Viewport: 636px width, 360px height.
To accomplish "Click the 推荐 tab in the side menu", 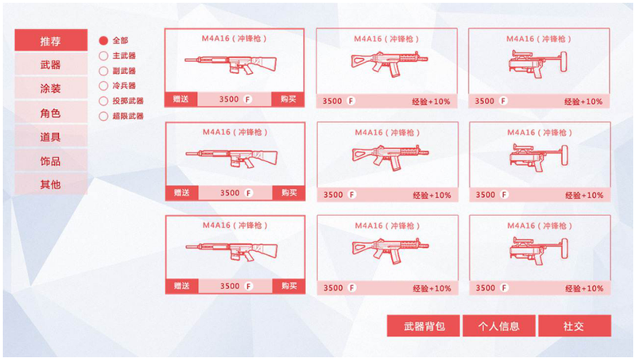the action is (x=51, y=41).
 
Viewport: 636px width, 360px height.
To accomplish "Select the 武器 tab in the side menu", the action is (x=51, y=64).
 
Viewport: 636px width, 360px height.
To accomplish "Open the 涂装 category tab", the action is (x=51, y=88).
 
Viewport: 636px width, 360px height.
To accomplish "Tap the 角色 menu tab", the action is (x=51, y=113).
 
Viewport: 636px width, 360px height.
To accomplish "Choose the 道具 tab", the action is (x=51, y=137).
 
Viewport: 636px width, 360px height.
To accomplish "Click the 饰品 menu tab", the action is (x=51, y=161).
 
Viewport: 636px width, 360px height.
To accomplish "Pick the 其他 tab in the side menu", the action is (x=51, y=184).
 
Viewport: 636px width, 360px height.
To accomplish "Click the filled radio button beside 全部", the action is (x=103, y=41).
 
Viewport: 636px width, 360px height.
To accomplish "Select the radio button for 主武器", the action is (x=103, y=56).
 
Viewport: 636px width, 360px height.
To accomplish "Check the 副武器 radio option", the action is (x=103, y=71).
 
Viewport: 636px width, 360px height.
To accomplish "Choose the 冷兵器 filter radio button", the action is (x=103, y=86).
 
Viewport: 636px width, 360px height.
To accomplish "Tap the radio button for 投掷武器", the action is (x=103, y=101).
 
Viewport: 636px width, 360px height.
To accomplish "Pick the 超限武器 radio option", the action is (x=103, y=116).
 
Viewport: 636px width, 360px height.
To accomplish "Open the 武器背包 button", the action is (x=424, y=326).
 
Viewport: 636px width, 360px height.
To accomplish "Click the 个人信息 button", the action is (x=499, y=326).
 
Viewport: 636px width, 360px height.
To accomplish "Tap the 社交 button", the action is (x=575, y=326).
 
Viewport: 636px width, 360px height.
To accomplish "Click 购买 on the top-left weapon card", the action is (x=288, y=99).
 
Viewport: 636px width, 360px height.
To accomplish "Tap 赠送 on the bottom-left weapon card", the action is (x=182, y=286).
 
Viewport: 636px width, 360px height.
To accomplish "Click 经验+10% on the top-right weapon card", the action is (x=584, y=102).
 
